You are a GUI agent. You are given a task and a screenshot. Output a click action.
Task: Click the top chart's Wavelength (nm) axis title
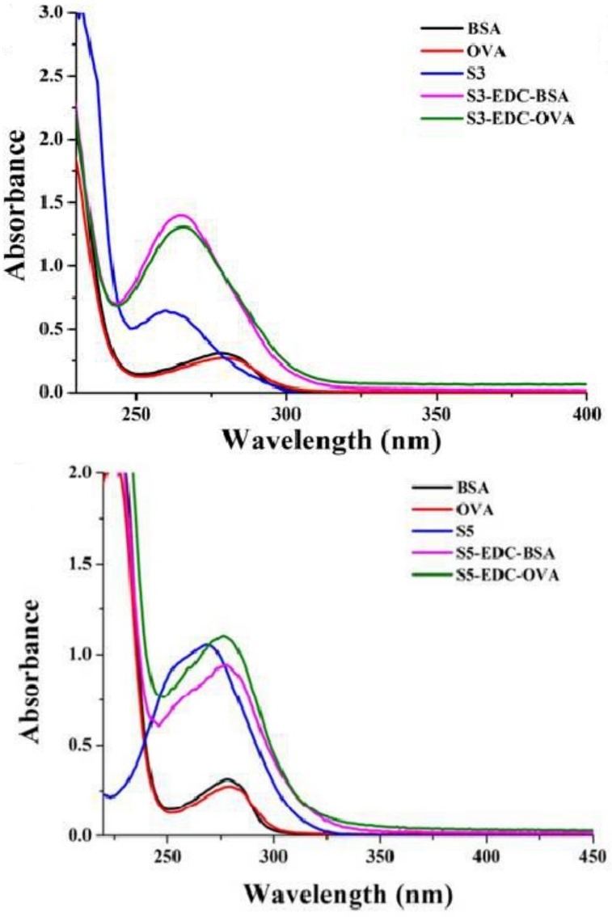[334, 439]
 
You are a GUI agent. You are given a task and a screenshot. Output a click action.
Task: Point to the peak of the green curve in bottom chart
[225, 636]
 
